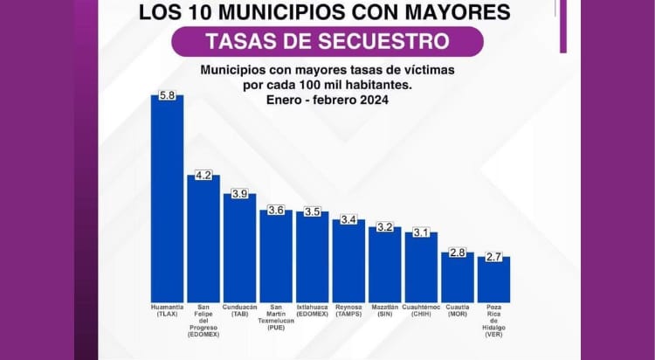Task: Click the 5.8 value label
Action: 167,94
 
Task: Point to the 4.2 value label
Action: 203,175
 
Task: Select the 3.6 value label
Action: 276,210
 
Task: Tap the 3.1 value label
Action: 421,232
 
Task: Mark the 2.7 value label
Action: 493,256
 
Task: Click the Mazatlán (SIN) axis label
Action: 384,310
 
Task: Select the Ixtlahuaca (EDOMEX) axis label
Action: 312,310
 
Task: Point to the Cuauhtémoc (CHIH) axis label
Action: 421,310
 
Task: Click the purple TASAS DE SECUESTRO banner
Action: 327,41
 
